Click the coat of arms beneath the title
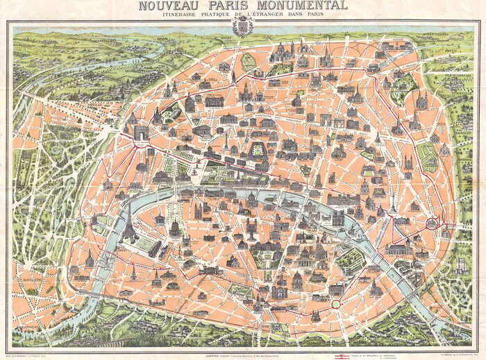coord(242,28)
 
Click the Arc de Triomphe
coord(142,132)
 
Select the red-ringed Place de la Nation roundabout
coord(432,223)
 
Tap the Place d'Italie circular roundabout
coord(336,304)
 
